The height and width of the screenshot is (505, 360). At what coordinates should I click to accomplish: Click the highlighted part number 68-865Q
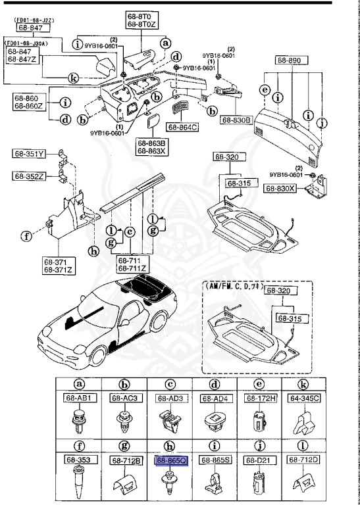[171, 461]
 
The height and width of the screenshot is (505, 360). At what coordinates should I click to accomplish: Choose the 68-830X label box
[280, 189]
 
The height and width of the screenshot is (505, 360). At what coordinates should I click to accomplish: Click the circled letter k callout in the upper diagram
[74, 78]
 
